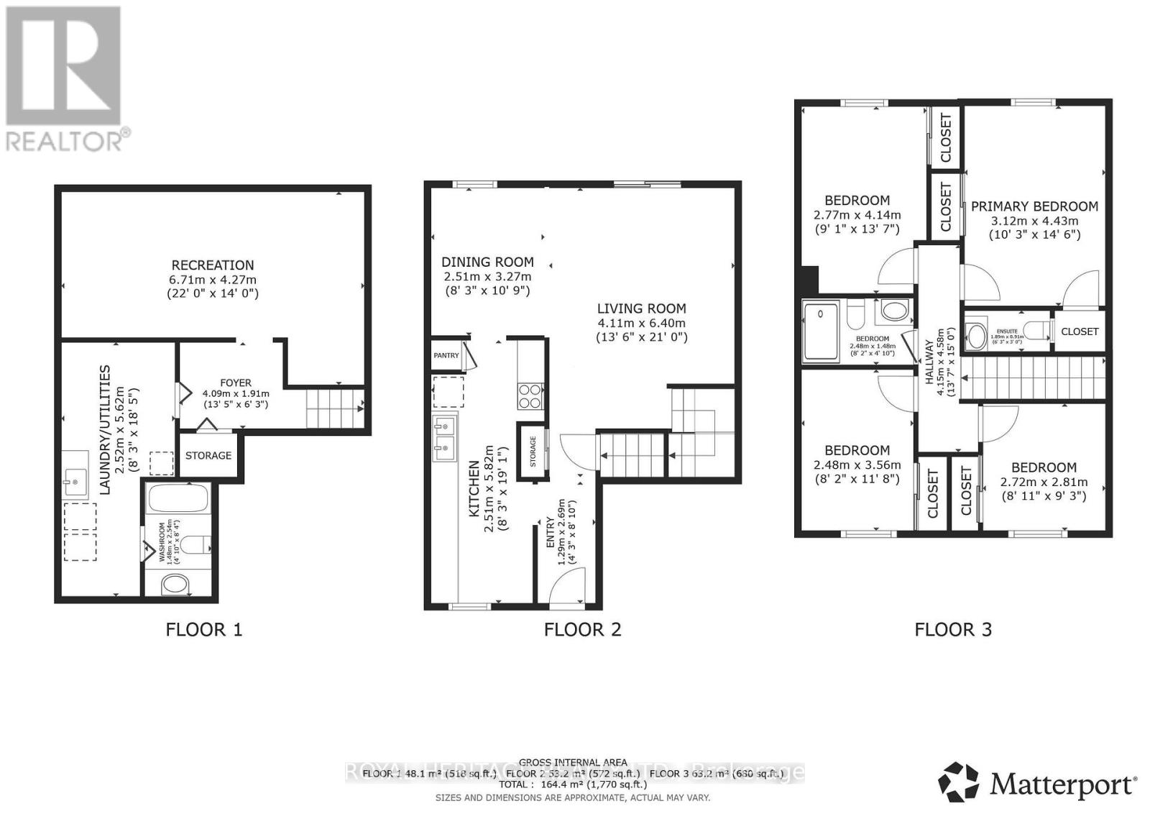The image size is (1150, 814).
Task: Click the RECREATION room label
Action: point(213,265)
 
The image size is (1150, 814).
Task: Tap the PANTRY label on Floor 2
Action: point(446,356)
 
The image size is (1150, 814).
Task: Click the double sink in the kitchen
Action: point(444,437)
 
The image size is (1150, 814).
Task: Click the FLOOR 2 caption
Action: point(582,630)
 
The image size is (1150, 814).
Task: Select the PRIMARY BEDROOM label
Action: point(1034,206)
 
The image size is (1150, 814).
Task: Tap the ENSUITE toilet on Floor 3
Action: point(1036,331)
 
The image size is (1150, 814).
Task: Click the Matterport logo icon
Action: point(959,782)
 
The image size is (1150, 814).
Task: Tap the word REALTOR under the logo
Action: point(63,141)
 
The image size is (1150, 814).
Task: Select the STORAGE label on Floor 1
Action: point(208,455)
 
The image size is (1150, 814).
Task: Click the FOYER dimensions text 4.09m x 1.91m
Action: point(236,393)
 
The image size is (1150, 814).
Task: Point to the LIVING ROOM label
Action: point(641,308)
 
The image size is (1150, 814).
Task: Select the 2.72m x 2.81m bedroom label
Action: point(1044,483)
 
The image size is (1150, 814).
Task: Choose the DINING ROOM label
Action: point(487,262)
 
